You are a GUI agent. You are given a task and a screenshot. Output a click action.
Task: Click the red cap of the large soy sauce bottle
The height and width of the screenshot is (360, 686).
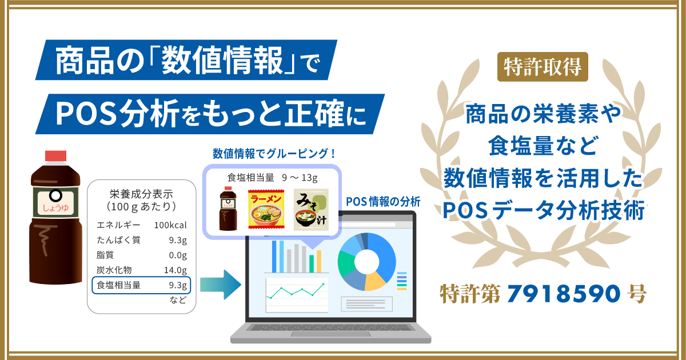click(56, 156)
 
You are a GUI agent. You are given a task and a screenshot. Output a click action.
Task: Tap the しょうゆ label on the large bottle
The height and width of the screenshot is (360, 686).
click(56, 208)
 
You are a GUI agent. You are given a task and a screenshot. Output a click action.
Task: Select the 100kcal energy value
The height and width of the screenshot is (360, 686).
click(170, 225)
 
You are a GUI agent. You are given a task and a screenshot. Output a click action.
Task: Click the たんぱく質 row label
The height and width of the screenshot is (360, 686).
click(118, 239)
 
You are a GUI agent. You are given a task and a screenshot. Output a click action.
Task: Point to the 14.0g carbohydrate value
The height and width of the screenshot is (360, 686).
click(175, 270)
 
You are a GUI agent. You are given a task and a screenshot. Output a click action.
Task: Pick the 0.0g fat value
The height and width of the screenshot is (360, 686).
click(178, 255)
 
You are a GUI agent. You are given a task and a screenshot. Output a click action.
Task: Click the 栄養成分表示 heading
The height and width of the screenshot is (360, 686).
click(142, 194)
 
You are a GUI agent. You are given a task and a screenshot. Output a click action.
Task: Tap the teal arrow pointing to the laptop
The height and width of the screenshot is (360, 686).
click(221, 285)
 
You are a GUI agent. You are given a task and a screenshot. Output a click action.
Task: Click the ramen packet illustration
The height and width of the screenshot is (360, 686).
click(266, 209)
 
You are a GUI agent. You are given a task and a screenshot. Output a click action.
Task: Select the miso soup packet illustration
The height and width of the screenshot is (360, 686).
click(311, 209)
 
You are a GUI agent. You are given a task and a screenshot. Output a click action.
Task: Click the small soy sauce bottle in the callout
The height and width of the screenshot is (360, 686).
click(228, 208)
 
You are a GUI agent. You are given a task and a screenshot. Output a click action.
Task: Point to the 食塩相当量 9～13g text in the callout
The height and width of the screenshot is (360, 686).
click(272, 178)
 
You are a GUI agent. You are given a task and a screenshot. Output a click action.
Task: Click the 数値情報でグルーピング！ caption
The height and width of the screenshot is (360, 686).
click(274, 153)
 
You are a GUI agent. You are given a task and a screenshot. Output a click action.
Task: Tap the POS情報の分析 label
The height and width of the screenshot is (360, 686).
click(383, 202)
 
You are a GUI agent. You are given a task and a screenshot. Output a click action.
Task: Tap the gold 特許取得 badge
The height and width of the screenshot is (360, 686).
click(543, 67)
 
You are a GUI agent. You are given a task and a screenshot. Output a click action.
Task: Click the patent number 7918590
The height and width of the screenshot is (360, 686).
click(564, 293)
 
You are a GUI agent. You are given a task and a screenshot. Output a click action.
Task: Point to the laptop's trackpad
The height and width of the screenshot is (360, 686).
click(330, 334)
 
